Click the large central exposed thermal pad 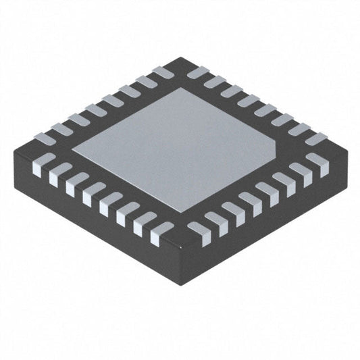coord(177,143)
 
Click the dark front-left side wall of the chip coord(95,216)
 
